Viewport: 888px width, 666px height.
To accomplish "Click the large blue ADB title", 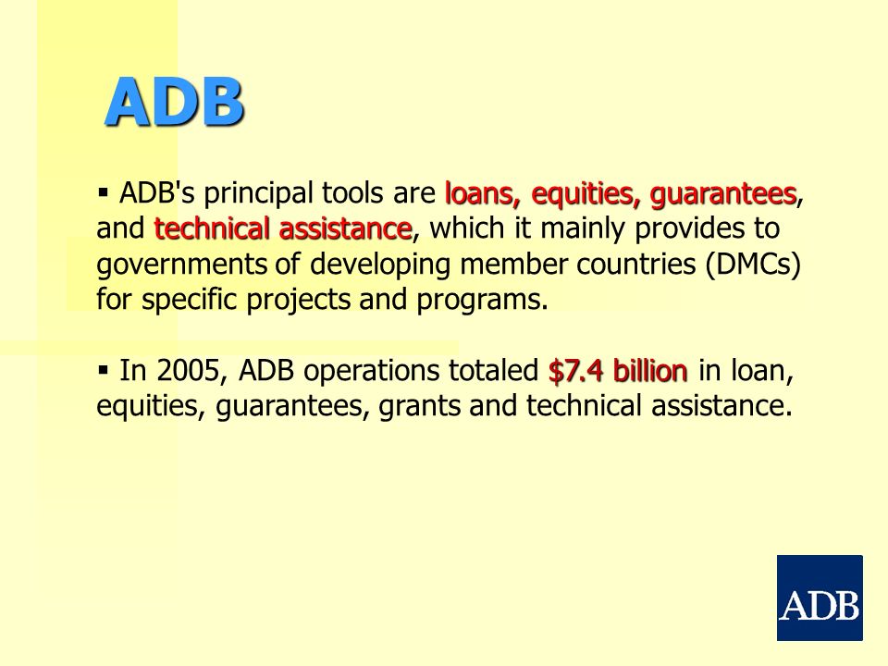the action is pyautogui.click(x=175, y=102).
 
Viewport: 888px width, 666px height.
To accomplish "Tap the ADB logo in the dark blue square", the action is pyautogui.click(x=820, y=598).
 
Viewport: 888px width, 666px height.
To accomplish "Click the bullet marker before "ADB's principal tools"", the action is pyautogui.click(x=103, y=192).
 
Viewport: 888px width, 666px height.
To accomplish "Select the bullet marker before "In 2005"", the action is pyautogui.click(x=103, y=370).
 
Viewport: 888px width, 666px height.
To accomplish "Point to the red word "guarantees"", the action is pyautogui.click(x=723, y=194).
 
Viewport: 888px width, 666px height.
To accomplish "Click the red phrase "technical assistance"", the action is pyautogui.click(x=283, y=228).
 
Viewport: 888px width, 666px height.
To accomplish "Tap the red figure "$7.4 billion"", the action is pyautogui.click(x=618, y=371).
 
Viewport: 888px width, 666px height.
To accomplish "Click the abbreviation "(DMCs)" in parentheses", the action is pyautogui.click(x=753, y=265).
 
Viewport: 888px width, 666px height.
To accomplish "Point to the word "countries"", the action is pyautogui.click(x=636, y=265).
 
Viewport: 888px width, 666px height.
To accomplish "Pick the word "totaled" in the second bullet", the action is pyautogui.click(x=493, y=371).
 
